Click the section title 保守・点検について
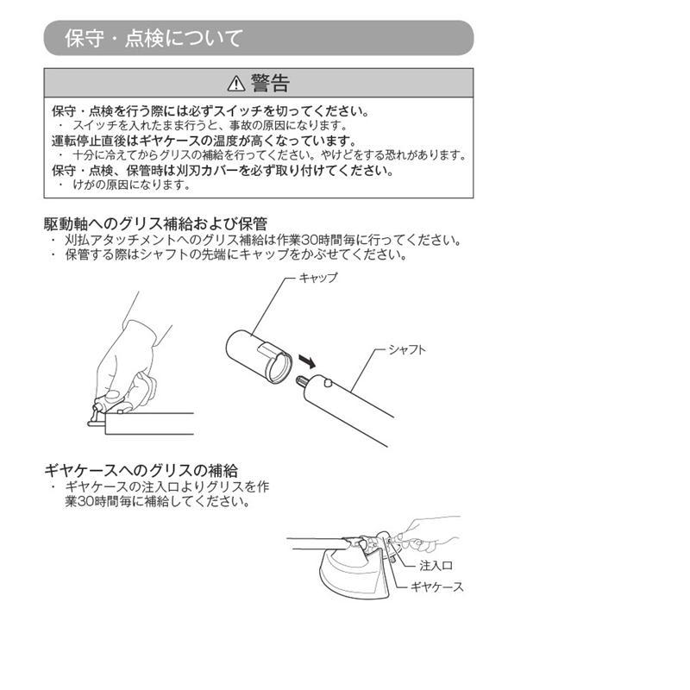tap(154, 38)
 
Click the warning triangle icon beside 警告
tap(236, 84)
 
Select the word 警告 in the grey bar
tap(270, 84)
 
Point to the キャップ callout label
tap(318, 279)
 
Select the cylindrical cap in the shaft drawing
tap(255, 353)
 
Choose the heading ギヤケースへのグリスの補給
tap(141, 470)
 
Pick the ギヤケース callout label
tap(441, 587)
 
